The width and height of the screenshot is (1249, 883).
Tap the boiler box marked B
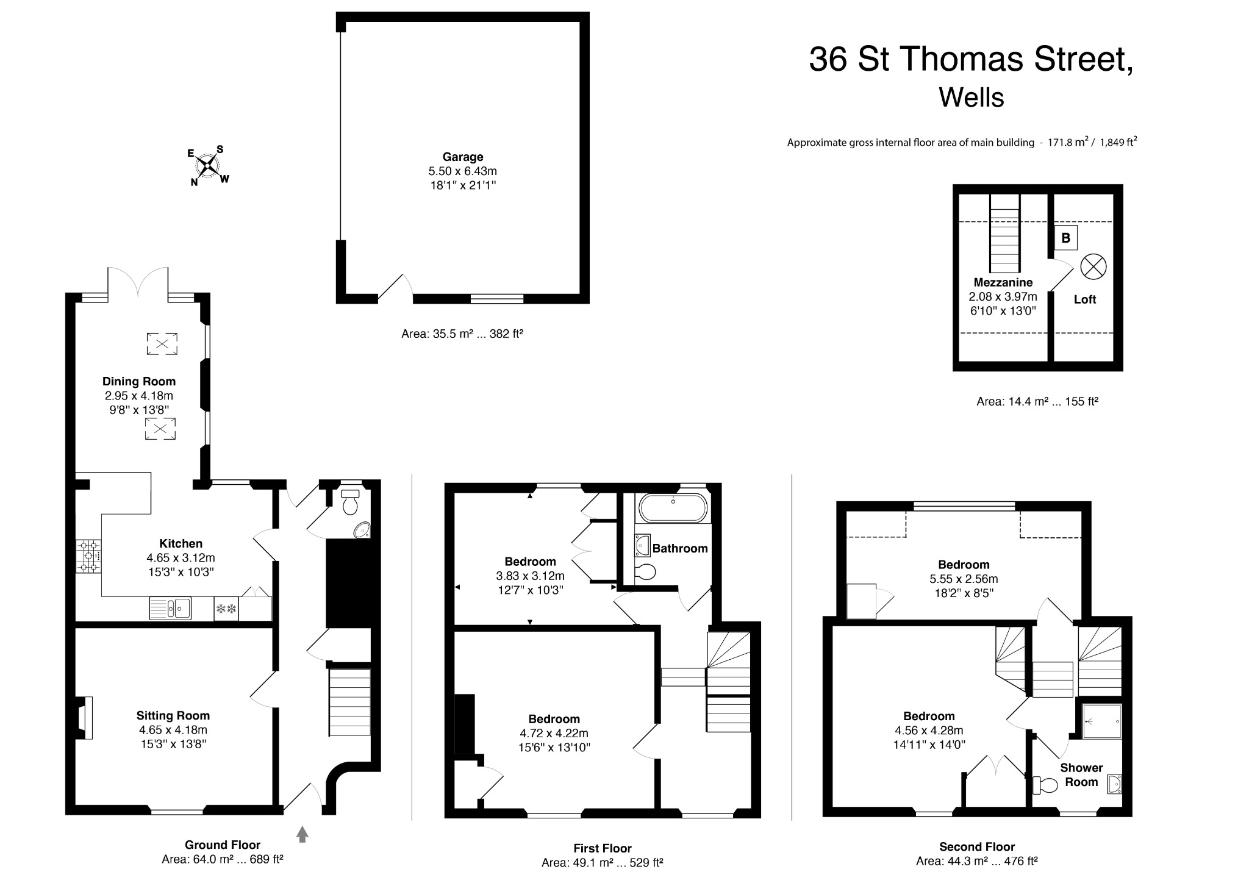pos(1065,238)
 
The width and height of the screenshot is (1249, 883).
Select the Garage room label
pos(463,157)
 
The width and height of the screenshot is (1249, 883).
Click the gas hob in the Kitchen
pos(88,556)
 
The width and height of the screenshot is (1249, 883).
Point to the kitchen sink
pos(170,608)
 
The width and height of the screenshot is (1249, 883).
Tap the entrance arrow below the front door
pos(302,834)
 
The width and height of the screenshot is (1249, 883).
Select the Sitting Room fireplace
pos(85,718)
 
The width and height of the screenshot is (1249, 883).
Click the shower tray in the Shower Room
pos(1102,721)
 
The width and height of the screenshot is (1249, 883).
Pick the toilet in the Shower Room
pos(1045,785)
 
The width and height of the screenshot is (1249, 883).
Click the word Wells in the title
pos(971,98)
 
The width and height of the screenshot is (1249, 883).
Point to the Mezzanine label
pos(1003,282)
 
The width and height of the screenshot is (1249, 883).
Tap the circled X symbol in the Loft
pos(1093,267)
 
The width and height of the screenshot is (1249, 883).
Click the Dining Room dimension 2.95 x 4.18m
pos(138,396)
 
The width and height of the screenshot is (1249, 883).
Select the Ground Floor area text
pos(223,859)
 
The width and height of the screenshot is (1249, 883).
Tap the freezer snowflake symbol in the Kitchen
pos(226,608)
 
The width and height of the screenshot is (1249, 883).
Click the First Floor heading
pos(602,848)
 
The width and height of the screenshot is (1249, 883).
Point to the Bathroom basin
pos(642,545)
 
